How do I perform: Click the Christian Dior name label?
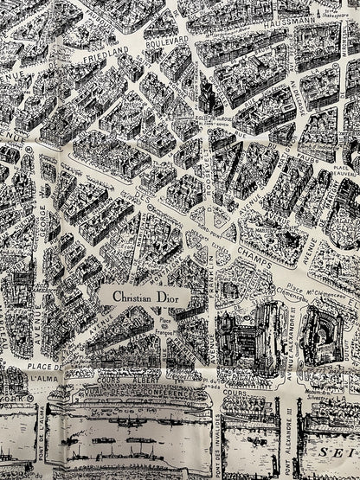coord(145,297)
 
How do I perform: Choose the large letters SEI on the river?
coord(339,451)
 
